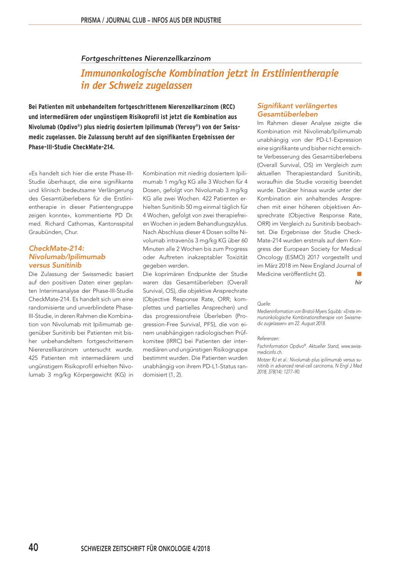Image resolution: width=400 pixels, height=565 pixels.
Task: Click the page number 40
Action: tap(34, 547)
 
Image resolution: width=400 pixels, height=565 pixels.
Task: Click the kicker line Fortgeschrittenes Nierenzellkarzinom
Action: tap(146, 59)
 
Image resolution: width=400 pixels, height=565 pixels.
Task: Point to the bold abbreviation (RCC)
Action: tap(227, 107)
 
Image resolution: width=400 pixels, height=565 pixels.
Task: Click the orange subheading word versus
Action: tap(39, 265)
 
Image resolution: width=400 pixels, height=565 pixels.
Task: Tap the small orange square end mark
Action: tap(359, 274)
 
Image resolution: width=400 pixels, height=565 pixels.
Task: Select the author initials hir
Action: tap(358, 282)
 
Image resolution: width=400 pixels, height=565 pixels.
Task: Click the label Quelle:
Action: tap(264, 304)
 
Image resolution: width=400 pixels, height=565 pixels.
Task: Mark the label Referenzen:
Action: tap(268, 339)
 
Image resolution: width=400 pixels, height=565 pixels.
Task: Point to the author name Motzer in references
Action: tap(264, 360)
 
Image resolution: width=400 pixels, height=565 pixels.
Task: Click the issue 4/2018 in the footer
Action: tap(201, 549)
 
